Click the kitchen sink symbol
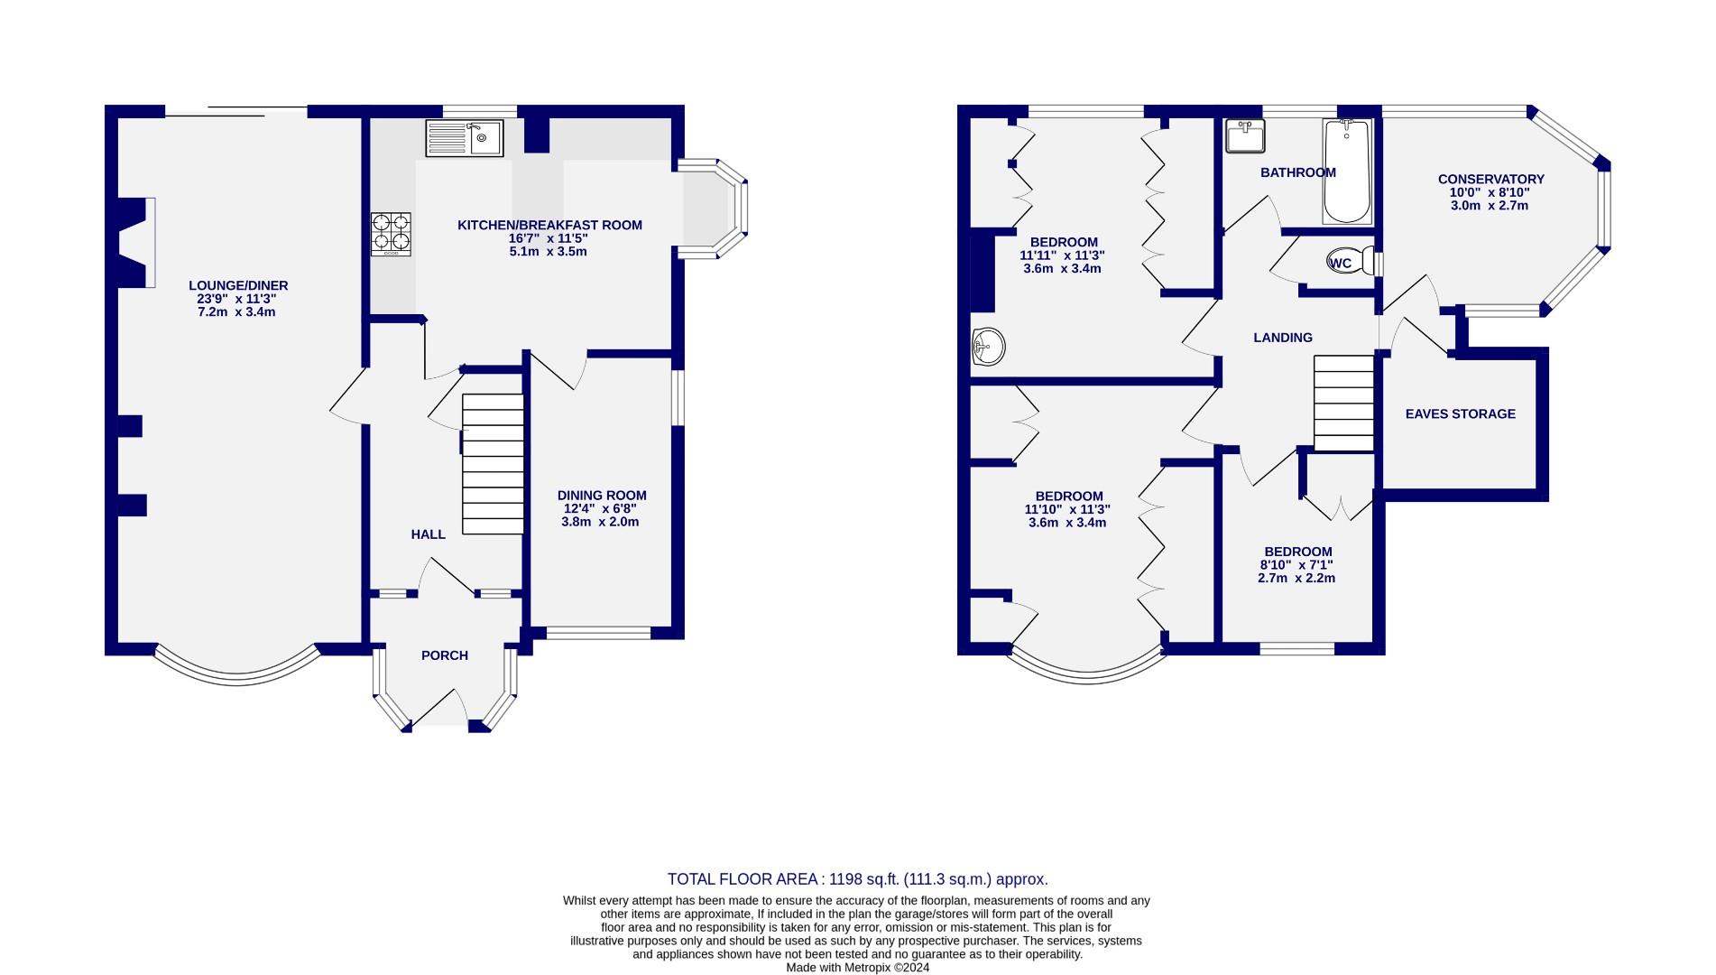pyautogui.click(x=465, y=138)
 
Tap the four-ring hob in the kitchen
pyautogui.click(x=391, y=234)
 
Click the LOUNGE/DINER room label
pyautogui.click(x=238, y=285)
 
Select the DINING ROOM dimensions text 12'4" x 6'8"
pyautogui.click(x=600, y=508)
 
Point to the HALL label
pyautogui.click(x=428, y=534)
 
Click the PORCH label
pyautogui.click(x=445, y=655)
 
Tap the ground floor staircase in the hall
pyautogui.click(x=493, y=464)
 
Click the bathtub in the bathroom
pyautogui.click(x=1347, y=172)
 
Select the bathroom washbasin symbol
pyautogui.click(x=1245, y=137)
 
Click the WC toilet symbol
pyautogui.click(x=1348, y=263)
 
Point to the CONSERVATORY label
pyautogui.click(x=1490, y=179)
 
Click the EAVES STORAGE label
pyautogui.click(x=1460, y=413)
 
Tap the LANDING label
pyautogui.click(x=1282, y=338)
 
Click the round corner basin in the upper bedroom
pyautogui.click(x=988, y=346)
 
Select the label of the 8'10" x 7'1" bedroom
pyautogui.click(x=1297, y=552)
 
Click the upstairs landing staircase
pyautogui.click(x=1343, y=403)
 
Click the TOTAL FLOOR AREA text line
pyautogui.click(x=857, y=879)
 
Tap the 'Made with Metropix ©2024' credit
pyautogui.click(x=857, y=967)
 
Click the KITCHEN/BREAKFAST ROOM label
pyautogui.click(x=549, y=225)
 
